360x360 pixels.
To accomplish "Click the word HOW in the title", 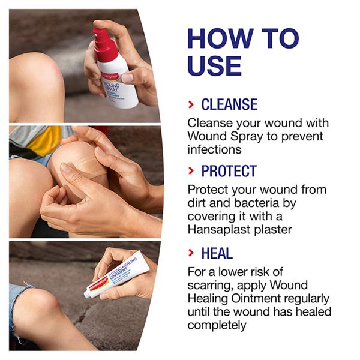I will click(220, 38).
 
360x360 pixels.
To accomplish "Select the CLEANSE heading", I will click(229, 104).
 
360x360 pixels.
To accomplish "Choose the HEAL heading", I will click(217, 253).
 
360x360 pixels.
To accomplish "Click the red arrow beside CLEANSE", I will click(191, 104).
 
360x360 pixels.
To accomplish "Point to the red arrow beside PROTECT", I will click(191, 171).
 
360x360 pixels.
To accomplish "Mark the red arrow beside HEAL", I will click(191, 253).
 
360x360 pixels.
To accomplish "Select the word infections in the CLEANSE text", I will click(214, 149).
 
